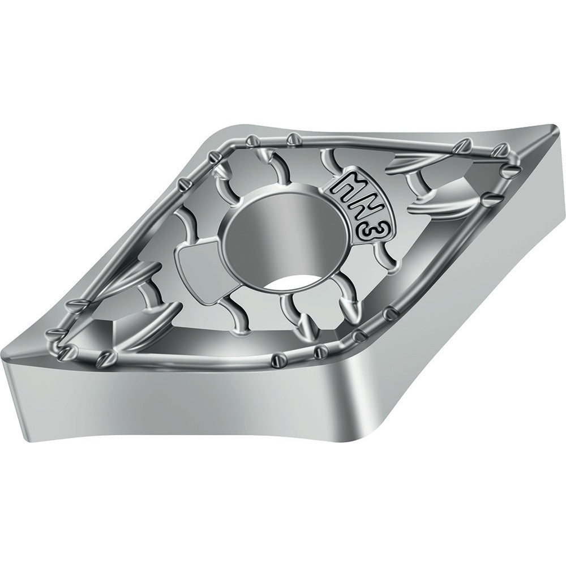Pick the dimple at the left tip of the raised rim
(x=55, y=332)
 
